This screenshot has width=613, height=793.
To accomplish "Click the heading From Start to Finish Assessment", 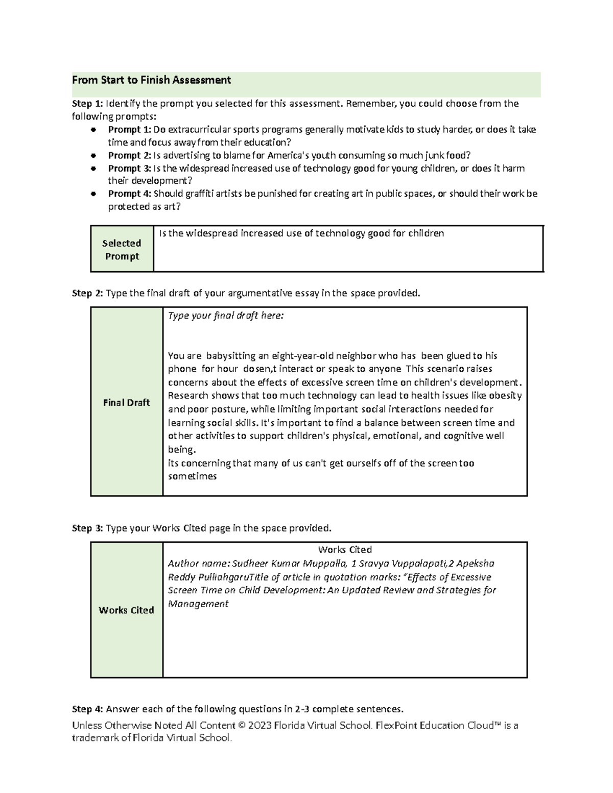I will pos(151,80).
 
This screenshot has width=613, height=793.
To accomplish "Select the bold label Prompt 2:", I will pos(129,155).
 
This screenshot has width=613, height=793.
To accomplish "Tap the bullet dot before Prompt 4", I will pos(93,194).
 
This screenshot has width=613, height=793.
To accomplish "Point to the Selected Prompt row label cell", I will pos(122,250).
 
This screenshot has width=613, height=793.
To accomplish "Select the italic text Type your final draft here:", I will pos(225,316).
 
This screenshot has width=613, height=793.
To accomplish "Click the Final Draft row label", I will pos(126,403).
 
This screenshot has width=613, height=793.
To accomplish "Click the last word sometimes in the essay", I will pos(193,476).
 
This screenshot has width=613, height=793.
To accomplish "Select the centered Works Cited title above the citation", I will pos(344,550).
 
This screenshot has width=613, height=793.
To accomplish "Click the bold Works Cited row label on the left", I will pos(126,610).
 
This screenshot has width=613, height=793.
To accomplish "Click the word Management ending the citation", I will pos(198,604).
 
